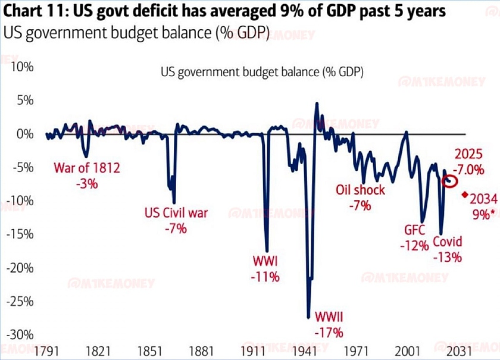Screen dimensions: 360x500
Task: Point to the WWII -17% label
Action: pos(329,323)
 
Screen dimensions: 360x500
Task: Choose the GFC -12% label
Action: pos(415,236)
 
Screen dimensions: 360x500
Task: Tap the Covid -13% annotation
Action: pos(447,249)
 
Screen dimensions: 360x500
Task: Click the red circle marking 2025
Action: pos(451,181)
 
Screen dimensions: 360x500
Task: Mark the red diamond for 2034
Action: pos(464,194)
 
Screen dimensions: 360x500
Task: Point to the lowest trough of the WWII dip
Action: pos(308,317)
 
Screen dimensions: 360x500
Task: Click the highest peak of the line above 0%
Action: pos(317,104)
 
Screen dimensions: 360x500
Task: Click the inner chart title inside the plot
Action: pos(262,72)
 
